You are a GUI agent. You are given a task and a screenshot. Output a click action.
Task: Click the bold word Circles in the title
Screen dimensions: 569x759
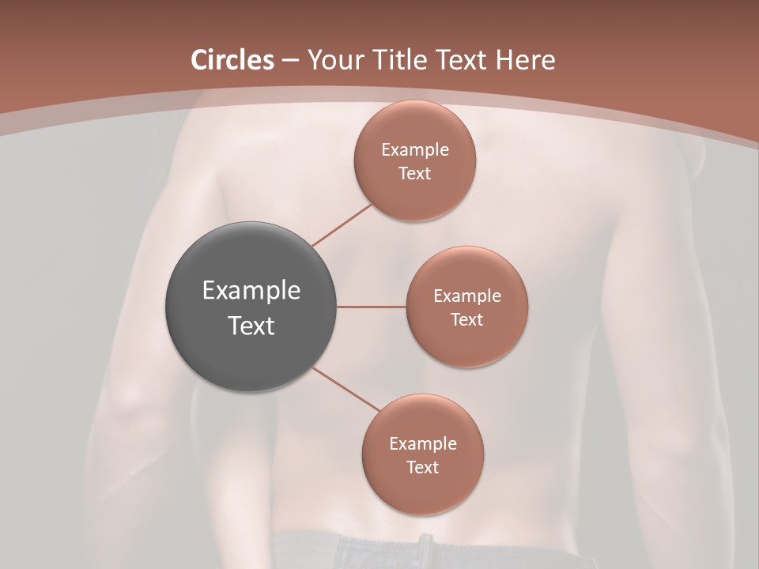coord(232,60)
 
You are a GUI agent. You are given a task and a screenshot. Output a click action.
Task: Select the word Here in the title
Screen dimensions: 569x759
coord(525,60)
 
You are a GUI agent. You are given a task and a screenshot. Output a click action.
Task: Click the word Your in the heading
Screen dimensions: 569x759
coord(334,60)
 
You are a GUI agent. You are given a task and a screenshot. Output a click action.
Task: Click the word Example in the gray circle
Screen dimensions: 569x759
coord(251,291)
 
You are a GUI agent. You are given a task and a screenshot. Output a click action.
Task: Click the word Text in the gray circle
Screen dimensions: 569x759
coord(251,326)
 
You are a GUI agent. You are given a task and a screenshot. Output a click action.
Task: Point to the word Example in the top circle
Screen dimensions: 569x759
coord(414,150)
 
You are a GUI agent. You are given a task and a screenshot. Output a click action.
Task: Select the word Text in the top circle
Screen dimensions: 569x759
coord(414,174)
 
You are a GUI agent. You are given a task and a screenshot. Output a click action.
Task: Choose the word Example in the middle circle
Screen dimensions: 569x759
coord(466,296)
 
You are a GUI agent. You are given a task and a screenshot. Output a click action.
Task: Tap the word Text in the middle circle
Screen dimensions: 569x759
coord(466,320)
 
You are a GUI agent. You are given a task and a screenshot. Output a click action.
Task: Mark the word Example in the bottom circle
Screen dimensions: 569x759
coord(422,444)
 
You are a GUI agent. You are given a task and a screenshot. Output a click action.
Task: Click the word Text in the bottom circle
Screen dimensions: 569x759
coord(422,468)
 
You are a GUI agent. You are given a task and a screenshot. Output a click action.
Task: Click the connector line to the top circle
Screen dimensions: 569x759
coord(342,225)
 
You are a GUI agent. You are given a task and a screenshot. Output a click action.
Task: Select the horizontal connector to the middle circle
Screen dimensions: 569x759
coord(372,307)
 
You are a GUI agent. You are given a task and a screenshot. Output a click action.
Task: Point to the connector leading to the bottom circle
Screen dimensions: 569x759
coord(346,389)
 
